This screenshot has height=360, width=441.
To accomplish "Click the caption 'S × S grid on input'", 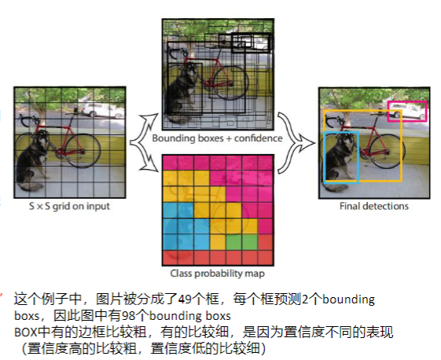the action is (x=69, y=207).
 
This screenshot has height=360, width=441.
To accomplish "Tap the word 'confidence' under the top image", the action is (x=258, y=138).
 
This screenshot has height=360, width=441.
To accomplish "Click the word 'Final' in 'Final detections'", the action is (x=350, y=206).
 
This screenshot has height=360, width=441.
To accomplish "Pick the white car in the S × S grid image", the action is (x=102, y=110).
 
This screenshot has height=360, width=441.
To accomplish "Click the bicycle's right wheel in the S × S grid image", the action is (x=83, y=151).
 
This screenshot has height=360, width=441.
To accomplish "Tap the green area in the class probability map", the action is (x=242, y=241).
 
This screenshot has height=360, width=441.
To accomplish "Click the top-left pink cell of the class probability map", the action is (x=170, y=163).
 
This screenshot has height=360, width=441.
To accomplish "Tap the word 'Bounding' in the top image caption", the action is (x=174, y=138).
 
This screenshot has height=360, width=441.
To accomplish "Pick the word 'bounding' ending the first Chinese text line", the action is (x=348, y=299).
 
